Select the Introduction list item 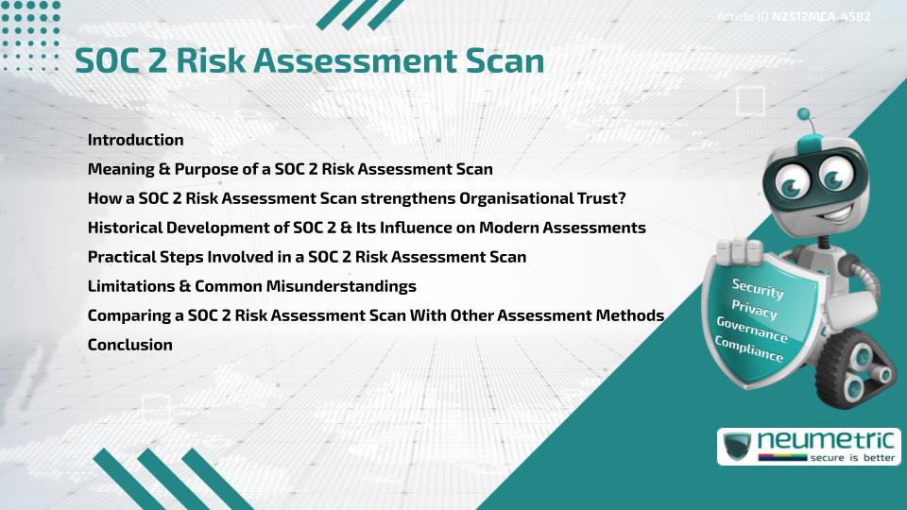tap(135, 140)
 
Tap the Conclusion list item tap(129, 345)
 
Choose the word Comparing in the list tap(128, 315)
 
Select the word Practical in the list tap(123, 257)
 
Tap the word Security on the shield tap(758, 289)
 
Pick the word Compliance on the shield tap(748, 349)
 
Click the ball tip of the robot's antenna tap(804, 115)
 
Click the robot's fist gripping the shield tap(738, 253)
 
